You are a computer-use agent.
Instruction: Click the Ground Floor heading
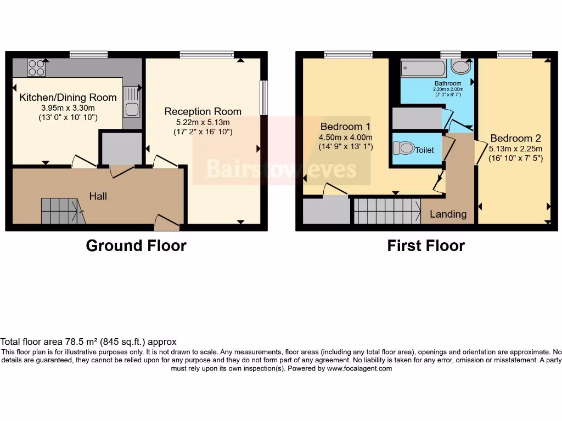(x=136, y=246)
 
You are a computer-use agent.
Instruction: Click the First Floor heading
(x=426, y=246)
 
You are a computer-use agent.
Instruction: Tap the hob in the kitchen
(x=36, y=68)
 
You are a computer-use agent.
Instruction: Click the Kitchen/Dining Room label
(x=68, y=98)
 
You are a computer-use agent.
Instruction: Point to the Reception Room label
(x=203, y=111)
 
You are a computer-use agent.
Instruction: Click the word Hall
(x=99, y=196)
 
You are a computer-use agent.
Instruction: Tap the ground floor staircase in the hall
(x=62, y=211)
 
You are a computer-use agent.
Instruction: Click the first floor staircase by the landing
(x=386, y=211)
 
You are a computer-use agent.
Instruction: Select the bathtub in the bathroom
(x=423, y=69)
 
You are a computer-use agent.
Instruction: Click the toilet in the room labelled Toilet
(x=403, y=148)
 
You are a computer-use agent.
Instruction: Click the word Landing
(x=448, y=214)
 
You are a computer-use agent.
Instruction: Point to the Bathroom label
(x=448, y=83)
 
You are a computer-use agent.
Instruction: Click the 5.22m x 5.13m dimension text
(x=203, y=122)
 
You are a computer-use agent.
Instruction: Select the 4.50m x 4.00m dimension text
(x=345, y=137)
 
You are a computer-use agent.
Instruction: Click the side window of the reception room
(x=264, y=98)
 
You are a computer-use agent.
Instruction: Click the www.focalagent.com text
(x=359, y=369)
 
